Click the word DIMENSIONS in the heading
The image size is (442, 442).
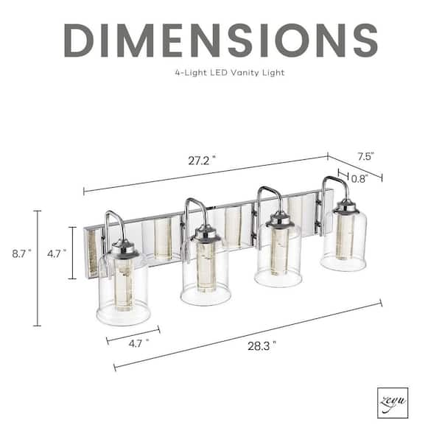[x=221, y=41]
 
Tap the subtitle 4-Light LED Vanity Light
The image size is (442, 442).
[x=230, y=73]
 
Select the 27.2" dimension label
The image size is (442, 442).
[x=202, y=161]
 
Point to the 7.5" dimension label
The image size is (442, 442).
[x=365, y=156]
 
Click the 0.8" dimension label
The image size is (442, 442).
[x=359, y=179]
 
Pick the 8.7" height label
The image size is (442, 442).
[x=21, y=254]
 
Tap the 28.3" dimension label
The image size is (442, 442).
[x=262, y=346]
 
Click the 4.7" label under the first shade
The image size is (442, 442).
[x=138, y=343]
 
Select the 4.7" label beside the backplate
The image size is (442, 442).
[x=57, y=254]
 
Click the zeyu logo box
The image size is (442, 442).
[x=393, y=403]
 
